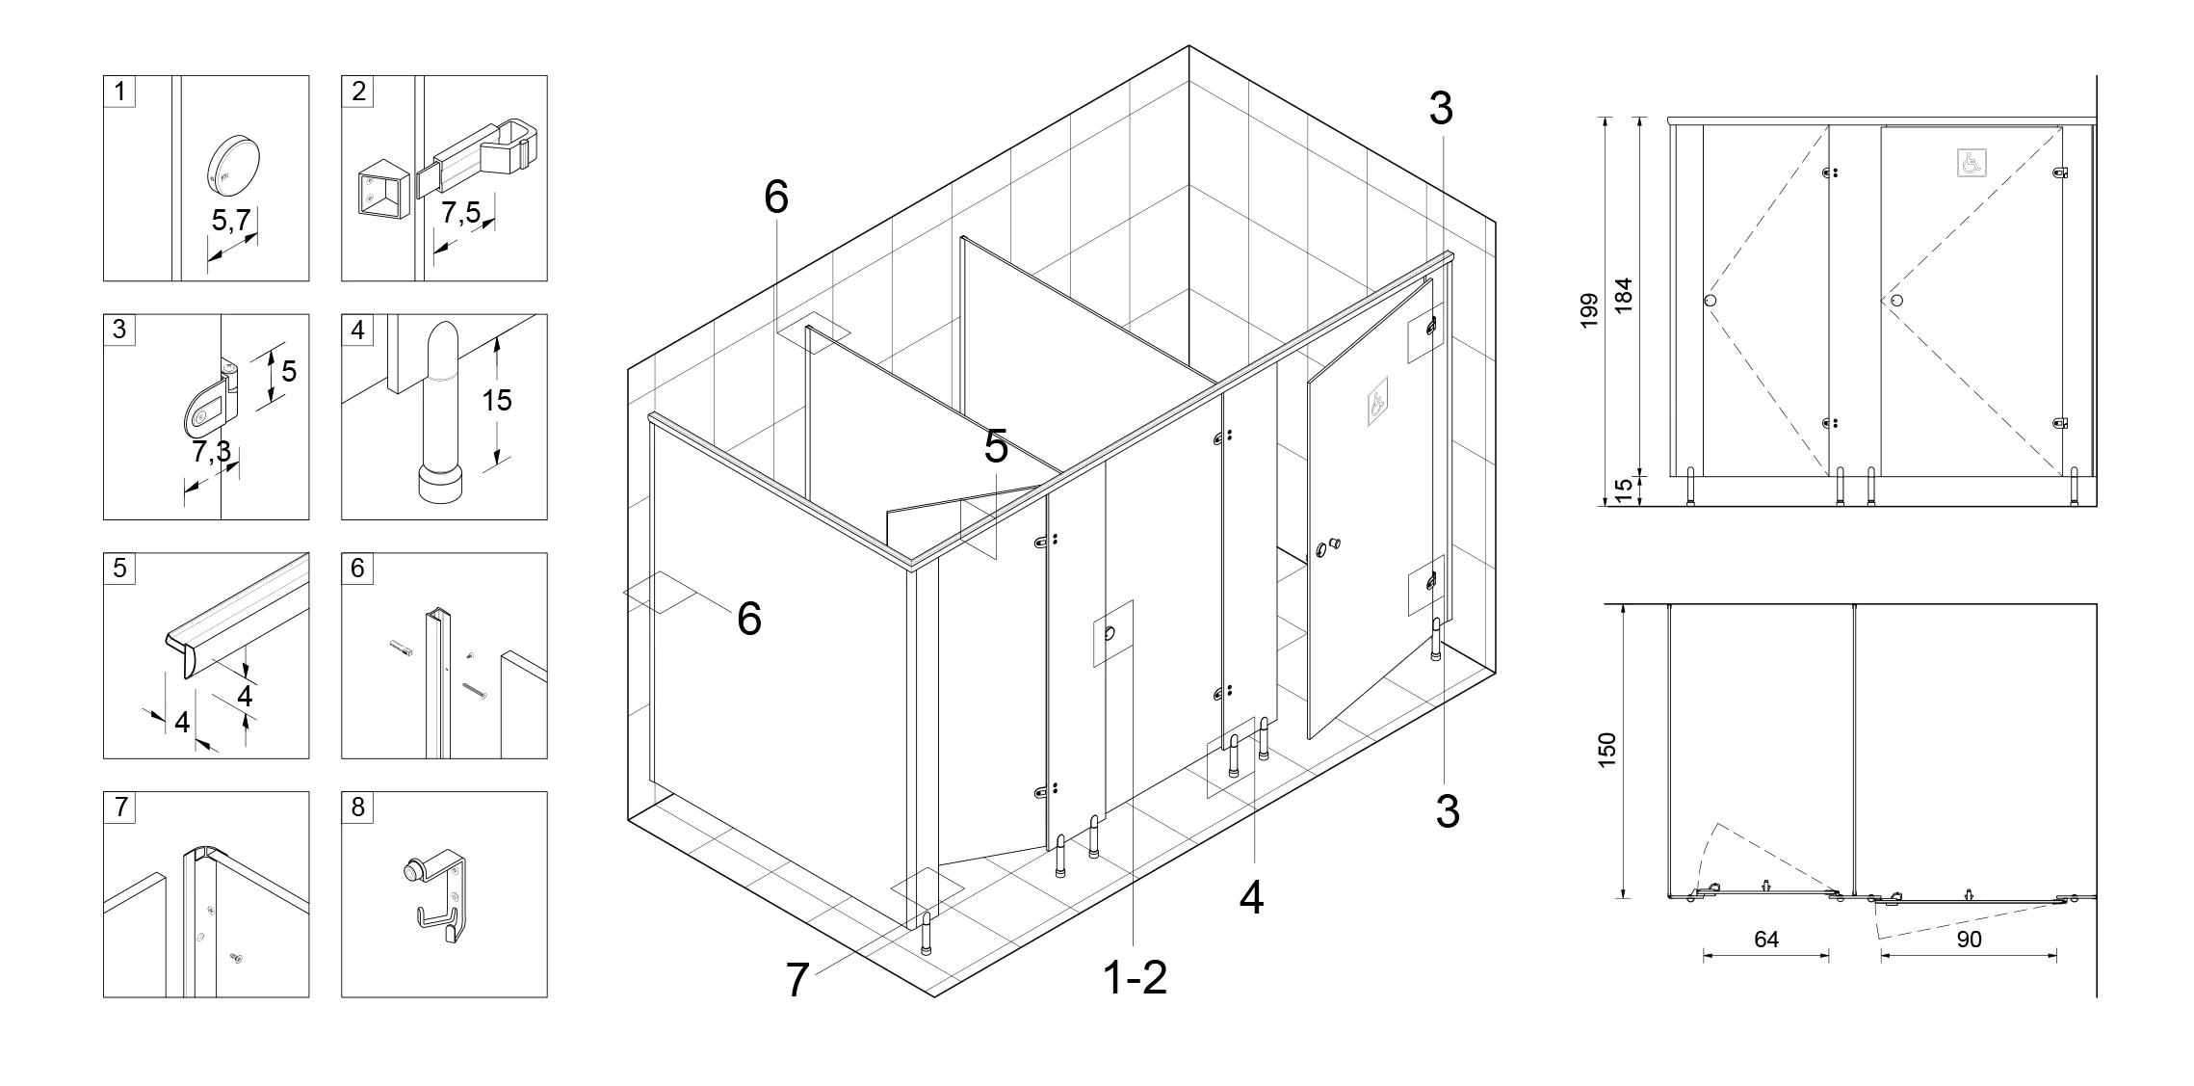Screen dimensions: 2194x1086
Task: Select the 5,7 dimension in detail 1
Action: pos(231,221)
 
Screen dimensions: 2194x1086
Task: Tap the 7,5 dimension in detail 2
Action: pos(461,213)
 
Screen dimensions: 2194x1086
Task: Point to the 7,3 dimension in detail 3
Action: pos(211,450)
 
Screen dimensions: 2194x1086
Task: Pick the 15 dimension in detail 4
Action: pos(497,399)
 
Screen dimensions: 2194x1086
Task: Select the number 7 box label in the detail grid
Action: pos(120,808)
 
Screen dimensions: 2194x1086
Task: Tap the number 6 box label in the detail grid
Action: pos(357,569)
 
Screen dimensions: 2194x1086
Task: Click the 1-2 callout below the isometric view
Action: pos(1135,978)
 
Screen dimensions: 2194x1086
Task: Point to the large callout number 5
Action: pos(996,447)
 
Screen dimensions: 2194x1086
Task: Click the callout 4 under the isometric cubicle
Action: pos(1251,898)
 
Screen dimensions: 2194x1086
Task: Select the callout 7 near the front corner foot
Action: pos(797,981)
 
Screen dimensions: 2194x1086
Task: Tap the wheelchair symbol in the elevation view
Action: pos(1972,163)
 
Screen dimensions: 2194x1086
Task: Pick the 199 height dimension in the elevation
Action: pos(1589,310)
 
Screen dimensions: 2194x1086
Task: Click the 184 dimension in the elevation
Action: pos(1624,295)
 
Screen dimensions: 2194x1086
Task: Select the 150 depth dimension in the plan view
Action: pos(1606,751)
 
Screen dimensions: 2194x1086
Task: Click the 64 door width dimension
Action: pos(1766,939)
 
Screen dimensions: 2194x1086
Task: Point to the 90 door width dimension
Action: pos(1970,939)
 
